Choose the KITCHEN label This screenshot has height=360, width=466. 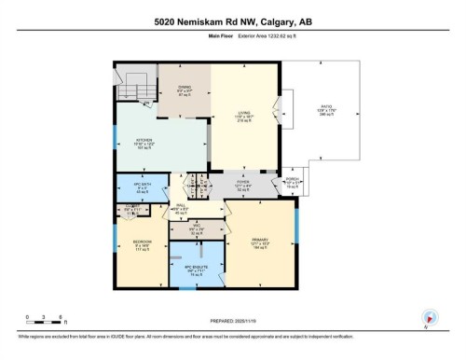click(x=144, y=147)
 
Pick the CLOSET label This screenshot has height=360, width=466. click(x=133, y=210)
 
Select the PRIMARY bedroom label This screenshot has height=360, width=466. click(x=259, y=244)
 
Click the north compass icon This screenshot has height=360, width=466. click(x=429, y=317)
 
